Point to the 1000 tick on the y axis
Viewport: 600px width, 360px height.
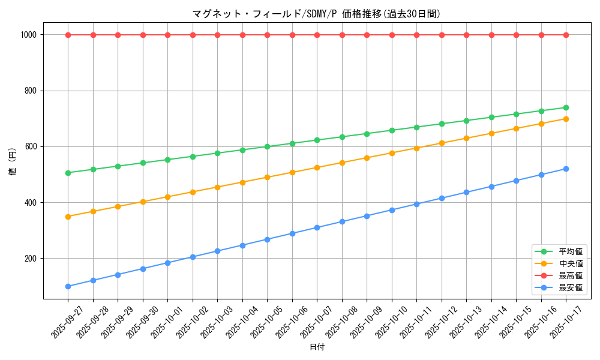click(29, 35)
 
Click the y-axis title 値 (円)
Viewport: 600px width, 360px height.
click(13, 162)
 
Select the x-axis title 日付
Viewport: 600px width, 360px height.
click(317, 347)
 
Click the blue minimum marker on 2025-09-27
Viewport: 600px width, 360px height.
click(68, 286)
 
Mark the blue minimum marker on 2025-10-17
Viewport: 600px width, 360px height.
click(566, 169)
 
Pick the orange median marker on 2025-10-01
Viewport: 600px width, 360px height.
click(167, 197)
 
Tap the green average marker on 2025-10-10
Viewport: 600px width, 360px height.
click(392, 130)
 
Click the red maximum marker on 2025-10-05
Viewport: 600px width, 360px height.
click(267, 35)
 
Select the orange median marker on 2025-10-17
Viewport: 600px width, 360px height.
click(566, 119)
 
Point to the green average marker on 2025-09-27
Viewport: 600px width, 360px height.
click(68, 173)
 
